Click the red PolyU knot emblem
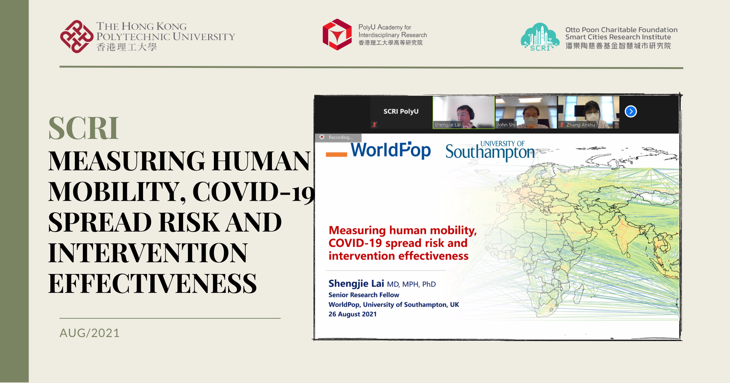coord(76,36)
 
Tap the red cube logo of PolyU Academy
coord(337,35)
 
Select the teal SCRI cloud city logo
coord(540,37)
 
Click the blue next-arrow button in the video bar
coord(630,111)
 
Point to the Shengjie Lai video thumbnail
coord(464,112)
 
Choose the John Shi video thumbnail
coord(526,112)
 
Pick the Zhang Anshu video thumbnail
coord(588,112)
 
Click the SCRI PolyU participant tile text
coord(401,111)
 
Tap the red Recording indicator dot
coord(322,137)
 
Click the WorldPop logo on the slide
coord(391,150)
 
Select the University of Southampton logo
coord(490,151)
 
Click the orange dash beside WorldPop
coord(336,154)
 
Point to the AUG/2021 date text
coord(89,333)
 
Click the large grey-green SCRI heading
coord(84,128)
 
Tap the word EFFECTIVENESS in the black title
coord(153,283)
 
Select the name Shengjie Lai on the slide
coord(356,283)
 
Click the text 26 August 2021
coord(353,314)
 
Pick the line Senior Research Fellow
coord(364,295)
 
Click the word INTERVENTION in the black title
coord(148,253)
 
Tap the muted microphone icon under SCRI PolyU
coord(374,124)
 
